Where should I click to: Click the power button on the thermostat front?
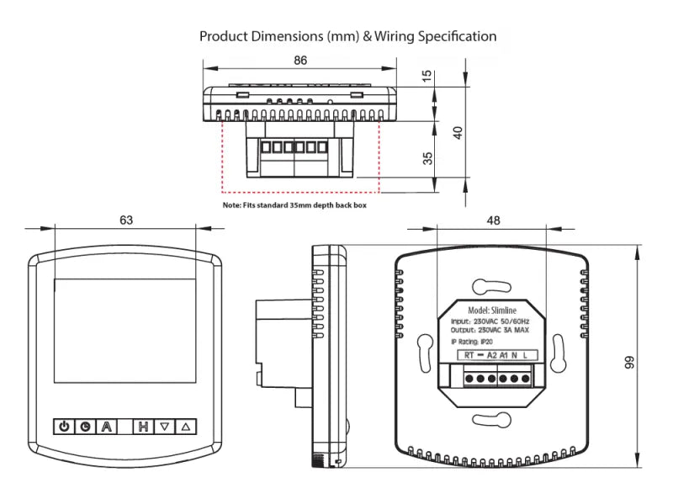(65, 427)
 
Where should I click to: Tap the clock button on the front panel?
(86, 427)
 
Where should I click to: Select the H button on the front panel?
(144, 427)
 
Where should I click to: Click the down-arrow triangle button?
(165, 427)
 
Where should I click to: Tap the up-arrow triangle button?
(186, 427)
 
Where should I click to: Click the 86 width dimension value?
(300, 60)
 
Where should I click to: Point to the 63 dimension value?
(126, 220)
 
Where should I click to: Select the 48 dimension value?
(493, 220)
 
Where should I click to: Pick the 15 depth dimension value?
(427, 76)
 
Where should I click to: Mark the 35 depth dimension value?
(427, 157)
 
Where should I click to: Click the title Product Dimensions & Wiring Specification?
(347, 36)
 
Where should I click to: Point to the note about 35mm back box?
(294, 204)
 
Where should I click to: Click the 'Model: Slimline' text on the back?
(492, 311)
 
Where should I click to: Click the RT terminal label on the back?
(469, 355)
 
